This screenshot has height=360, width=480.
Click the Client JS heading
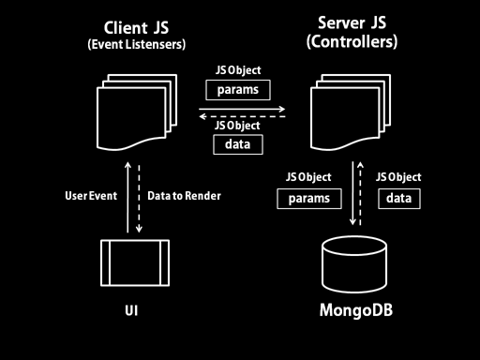(x=136, y=28)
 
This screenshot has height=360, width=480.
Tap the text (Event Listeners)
(x=137, y=44)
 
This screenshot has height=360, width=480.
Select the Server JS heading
(x=352, y=22)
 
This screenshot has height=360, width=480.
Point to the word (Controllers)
(x=352, y=41)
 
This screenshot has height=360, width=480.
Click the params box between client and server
(x=238, y=90)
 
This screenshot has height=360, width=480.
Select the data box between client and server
(x=238, y=144)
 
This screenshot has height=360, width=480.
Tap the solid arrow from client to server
(x=242, y=109)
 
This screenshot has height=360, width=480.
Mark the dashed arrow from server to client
(x=242, y=116)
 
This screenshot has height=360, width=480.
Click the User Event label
(x=91, y=196)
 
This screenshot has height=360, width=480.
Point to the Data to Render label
(x=184, y=196)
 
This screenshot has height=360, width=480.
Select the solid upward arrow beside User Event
(x=127, y=197)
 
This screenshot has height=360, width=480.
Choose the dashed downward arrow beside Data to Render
(x=139, y=199)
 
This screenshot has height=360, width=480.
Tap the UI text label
(x=131, y=310)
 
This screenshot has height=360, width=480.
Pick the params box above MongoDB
(x=309, y=199)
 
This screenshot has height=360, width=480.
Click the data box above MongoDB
(x=399, y=199)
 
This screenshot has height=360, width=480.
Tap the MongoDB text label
(x=356, y=310)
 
